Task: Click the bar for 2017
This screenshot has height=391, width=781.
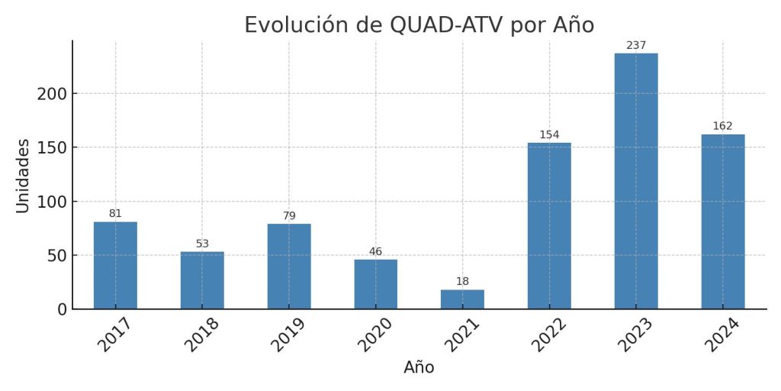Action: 115,265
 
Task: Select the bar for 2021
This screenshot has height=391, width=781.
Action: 462,299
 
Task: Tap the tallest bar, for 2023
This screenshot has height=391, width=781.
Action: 636,181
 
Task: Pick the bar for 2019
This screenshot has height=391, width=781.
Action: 289,266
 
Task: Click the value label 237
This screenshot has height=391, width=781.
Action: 636,46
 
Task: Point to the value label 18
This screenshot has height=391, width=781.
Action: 462,282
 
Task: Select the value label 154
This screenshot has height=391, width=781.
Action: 549,135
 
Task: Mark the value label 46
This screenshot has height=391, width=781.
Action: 375,252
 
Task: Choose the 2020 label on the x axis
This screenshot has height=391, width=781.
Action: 376,334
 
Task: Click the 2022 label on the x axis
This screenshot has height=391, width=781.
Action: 549,334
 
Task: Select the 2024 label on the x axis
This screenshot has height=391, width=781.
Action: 723,334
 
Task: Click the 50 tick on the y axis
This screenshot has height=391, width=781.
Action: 56,255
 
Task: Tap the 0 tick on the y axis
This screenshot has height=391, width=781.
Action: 62,309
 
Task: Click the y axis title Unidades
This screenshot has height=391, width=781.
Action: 23,176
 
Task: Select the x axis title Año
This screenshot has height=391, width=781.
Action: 419,367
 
